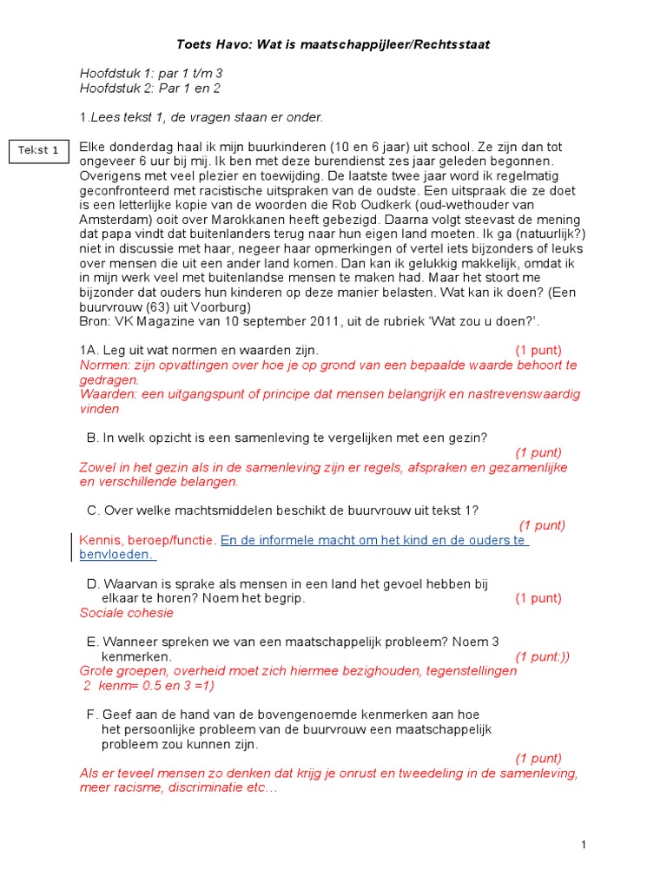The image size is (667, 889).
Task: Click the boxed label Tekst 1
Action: pos(38,150)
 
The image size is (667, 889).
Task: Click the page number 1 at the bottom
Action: pos(584,845)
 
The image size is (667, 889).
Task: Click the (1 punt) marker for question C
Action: pos(542,525)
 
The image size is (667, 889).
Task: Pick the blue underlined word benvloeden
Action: pos(116,555)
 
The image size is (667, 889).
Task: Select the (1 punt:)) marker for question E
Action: pos(543,656)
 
